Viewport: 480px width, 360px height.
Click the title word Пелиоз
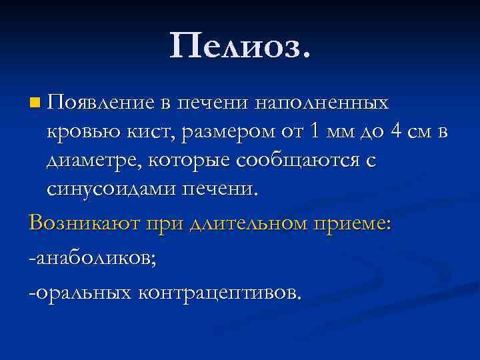tap(240, 46)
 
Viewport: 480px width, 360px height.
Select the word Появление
tap(101, 103)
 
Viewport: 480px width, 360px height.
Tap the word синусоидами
tap(110, 189)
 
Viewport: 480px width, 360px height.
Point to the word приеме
tap(354, 223)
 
